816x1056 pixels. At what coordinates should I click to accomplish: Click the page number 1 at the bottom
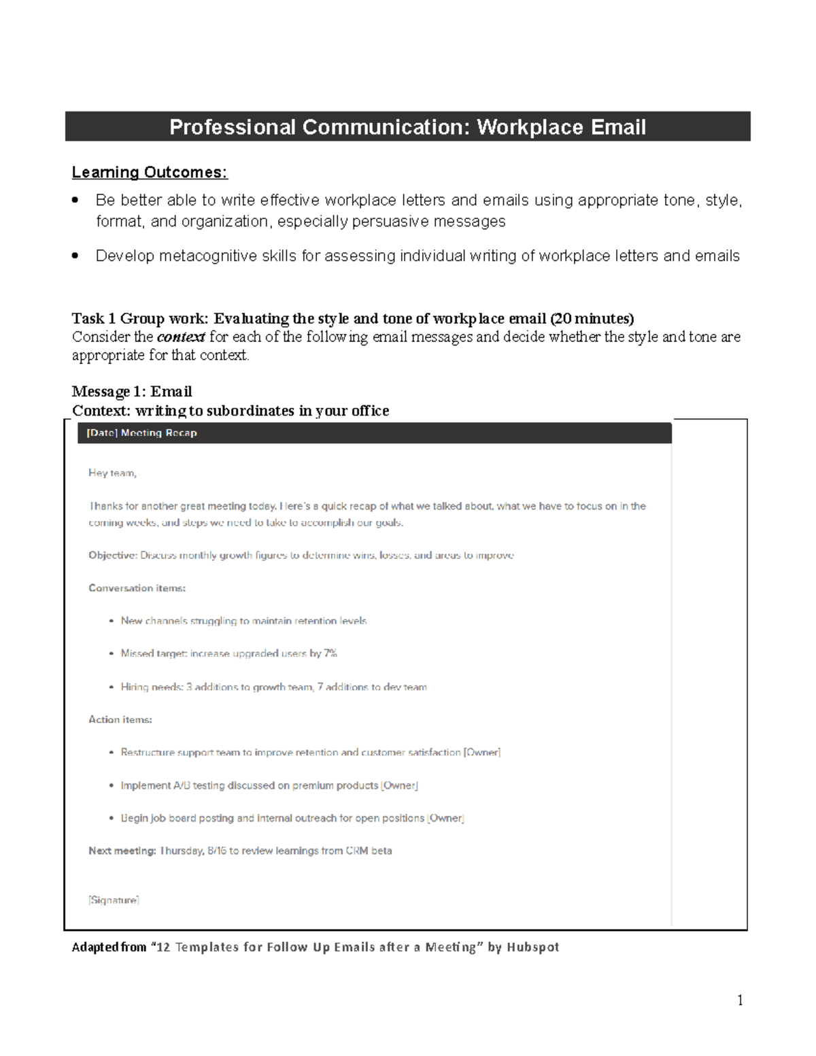(740, 1000)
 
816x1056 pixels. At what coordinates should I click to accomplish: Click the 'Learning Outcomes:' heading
(150, 173)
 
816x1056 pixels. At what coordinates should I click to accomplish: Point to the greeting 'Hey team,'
(112, 473)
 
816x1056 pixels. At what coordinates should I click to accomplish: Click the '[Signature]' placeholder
(114, 900)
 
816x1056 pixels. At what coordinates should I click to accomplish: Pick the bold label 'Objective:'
(112, 556)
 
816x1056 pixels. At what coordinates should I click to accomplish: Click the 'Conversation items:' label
(137, 588)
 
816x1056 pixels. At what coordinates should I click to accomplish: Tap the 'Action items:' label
(120, 719)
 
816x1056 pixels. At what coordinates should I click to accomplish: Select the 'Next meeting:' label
(122, 851)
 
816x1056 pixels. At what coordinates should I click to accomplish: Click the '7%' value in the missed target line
(330, 653)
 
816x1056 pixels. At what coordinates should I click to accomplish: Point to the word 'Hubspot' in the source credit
(532, 947)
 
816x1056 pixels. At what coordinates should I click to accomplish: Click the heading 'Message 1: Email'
(132, 392)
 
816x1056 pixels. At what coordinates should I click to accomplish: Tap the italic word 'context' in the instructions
(181, 337)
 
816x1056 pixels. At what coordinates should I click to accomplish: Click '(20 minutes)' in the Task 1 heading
(592, 319)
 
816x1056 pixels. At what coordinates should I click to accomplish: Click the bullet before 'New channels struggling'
(112, 621)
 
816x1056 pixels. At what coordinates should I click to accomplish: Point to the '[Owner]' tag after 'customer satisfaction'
(482, 753)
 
